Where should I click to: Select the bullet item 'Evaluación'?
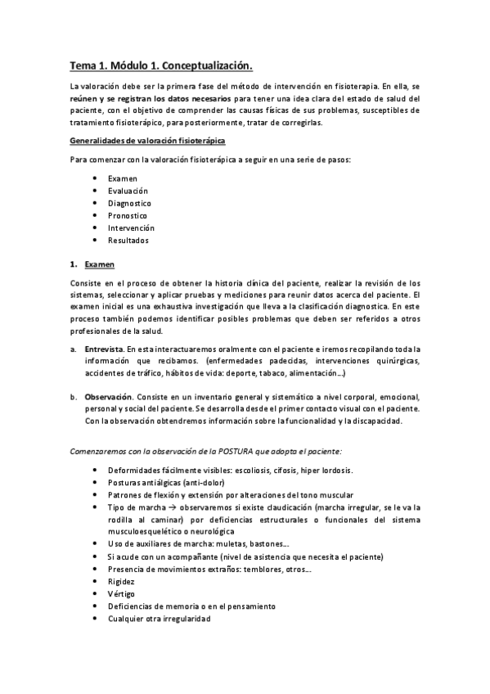(128, 191)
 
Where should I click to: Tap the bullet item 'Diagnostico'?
(129, 203)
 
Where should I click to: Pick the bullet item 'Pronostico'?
(128, 215)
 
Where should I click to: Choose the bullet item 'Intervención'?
(131, 228)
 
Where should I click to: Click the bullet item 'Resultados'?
(128, 241)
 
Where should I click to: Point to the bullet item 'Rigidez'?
(121, 581)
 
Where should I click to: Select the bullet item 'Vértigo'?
(121, 593)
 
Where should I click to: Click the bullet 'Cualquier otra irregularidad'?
(159, 619)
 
